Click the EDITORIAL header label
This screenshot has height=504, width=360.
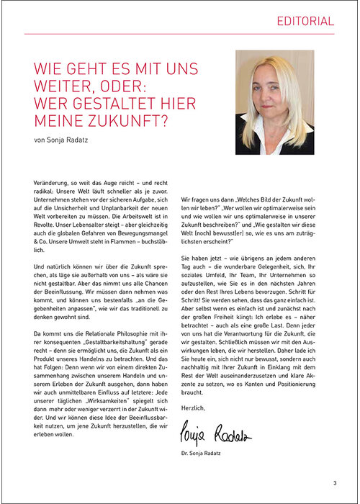coord(305,22)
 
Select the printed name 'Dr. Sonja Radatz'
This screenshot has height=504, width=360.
coord(208,454)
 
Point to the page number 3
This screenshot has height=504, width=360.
coord(335,483)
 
